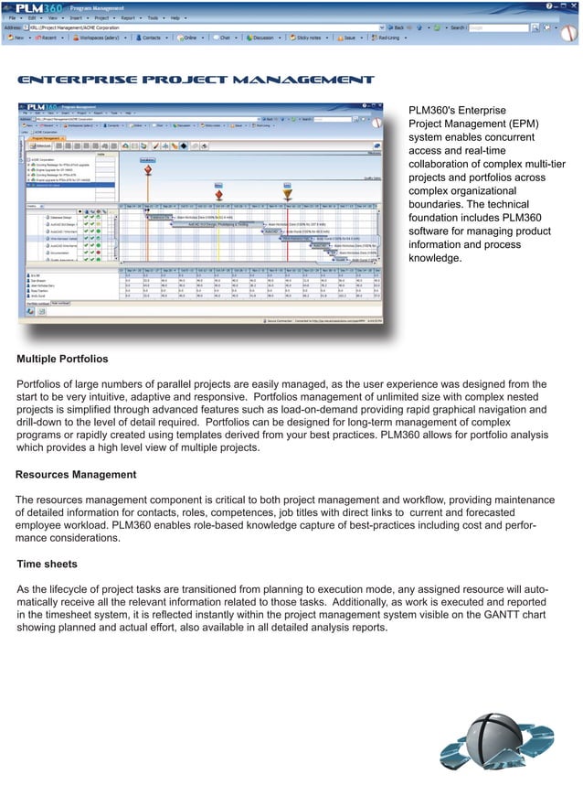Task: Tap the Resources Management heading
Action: pyautogui.click(x=76, y=475)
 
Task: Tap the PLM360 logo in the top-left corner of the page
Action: pyautogui.click(x=28, y=6)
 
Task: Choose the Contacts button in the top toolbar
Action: pyautogui.click(x=151, y=39)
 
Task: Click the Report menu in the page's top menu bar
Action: pyautogui.click(x=127, y=17)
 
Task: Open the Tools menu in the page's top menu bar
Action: pyautogui.click(x=154, y=17)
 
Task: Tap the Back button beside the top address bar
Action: pyautogui.click(x=400, y=28)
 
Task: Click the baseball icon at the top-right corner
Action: pyautogui.click(x=569, y=34)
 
